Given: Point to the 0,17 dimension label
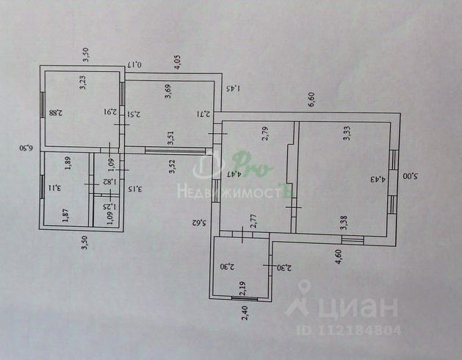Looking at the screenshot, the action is coord(135,65).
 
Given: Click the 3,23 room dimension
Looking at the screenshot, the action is coord(82,83).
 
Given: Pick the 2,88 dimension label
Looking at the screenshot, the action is coord(54,112).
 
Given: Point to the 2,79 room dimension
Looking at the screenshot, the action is coord(265,134).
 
